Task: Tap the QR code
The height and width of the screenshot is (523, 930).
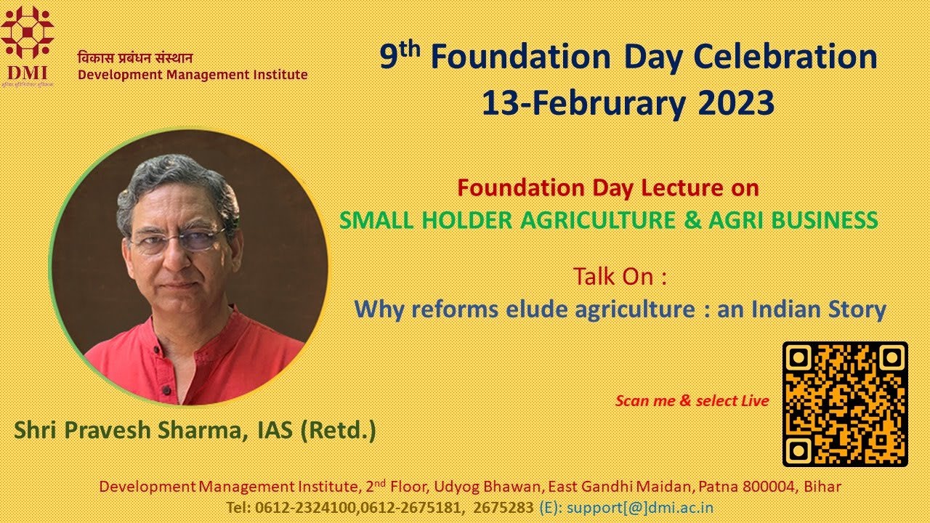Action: tap(845, 404)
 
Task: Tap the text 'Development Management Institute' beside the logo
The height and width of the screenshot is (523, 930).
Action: tap(193, 75)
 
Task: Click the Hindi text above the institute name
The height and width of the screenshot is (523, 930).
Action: tap(135, 59)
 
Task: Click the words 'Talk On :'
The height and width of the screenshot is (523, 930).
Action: tap(620, 277)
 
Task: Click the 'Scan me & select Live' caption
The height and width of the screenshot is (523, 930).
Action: tap(692, 401)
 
